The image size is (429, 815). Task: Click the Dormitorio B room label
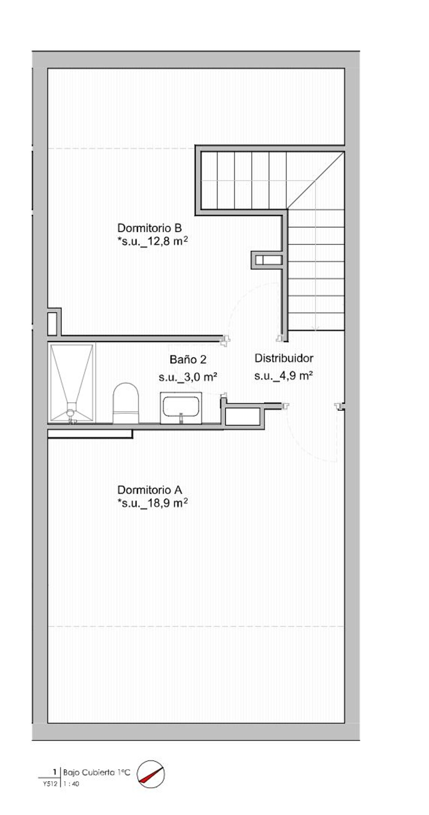(149, 228)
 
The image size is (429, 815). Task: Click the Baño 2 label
(188, 359)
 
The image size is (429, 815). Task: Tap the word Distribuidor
(284, 358)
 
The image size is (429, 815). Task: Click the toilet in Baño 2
(126, 403)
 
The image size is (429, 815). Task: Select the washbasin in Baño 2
(181, 408)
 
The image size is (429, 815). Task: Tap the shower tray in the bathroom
(71, 383)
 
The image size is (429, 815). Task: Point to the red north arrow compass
(151, 774)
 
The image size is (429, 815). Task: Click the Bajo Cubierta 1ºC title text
(96, 772)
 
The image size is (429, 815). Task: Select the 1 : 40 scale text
(71, 784)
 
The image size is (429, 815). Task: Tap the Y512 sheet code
(50, 784)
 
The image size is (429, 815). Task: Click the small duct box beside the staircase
(267, 260)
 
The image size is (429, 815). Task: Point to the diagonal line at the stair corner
(315, 180)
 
